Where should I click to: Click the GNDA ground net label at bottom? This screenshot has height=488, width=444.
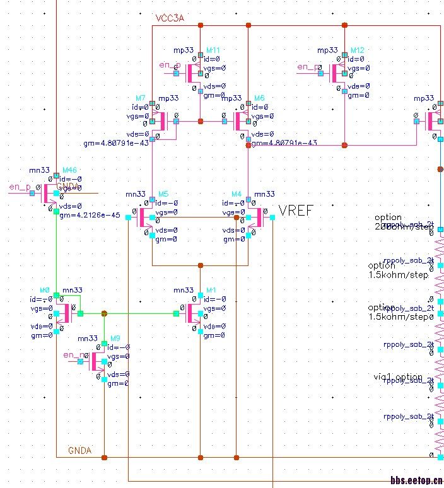click(x=80, y=450)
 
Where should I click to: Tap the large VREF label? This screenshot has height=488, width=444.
click(x=296, y=210)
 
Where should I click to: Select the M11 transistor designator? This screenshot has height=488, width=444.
click(x=213, y=50)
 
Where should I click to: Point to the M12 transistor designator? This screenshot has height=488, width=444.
click(x=357, y=50)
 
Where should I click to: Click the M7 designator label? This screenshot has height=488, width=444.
click(x=140, y=98)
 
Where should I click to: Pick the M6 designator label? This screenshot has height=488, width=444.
click(x=259, y=98)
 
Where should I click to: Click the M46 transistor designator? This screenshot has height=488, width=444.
click(x=69, y=170)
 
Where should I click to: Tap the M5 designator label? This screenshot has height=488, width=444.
click(x=163, y=194)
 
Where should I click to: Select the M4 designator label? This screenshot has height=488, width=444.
click(x=237, y=194)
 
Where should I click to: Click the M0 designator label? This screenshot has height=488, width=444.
click(x=44, y=290)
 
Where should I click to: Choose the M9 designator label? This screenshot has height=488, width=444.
click(x=115, y=339)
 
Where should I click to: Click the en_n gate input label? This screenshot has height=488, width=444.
click(x=72, y=356)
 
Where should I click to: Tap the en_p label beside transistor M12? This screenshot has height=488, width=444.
click(x=308, y=67)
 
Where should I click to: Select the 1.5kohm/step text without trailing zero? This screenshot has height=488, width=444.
click(x=398, y=275)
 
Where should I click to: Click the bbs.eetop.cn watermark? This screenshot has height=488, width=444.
click(x=416, y=480)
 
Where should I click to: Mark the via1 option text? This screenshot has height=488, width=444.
click(x=397, y=376)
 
